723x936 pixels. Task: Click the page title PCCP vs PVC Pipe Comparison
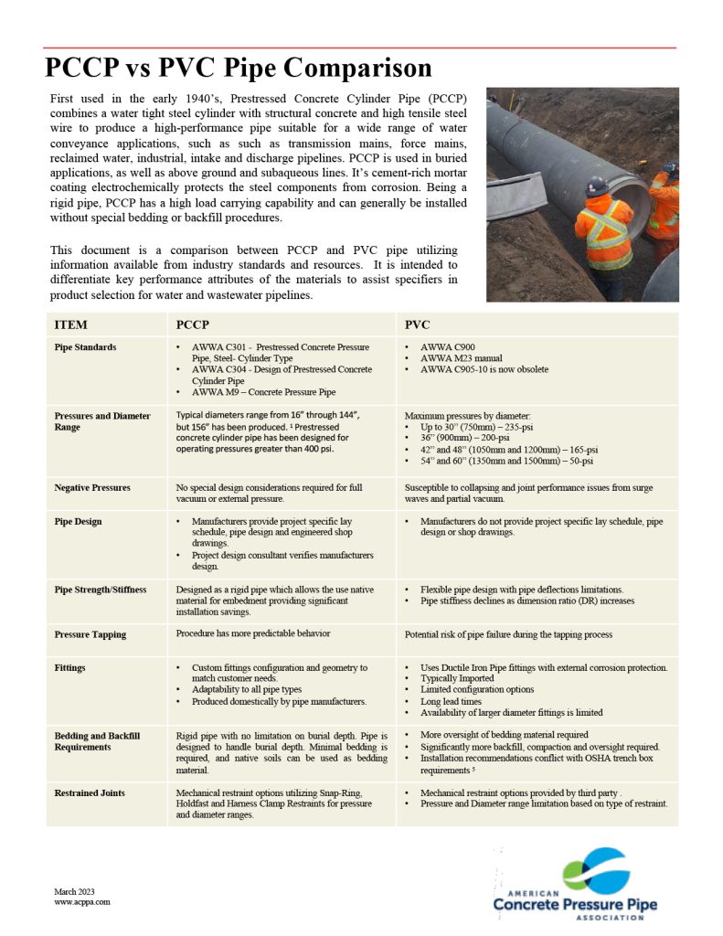(x=239, y=69)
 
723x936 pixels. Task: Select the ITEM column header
(x=71, y=324)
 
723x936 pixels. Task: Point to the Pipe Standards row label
(x=85, y=347)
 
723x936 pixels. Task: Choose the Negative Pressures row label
(x=91, y=488)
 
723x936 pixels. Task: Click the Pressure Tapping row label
(x=90, y=634)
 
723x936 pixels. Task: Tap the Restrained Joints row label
(x=90, y=792)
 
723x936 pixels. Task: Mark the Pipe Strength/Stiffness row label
(x=100, y=590)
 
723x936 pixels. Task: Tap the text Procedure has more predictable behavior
(x=251, y=633)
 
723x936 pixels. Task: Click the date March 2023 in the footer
(x=74, y=891)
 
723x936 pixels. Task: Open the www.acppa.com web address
(x=82, y=901)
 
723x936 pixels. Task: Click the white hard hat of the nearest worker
(x=598, y=186)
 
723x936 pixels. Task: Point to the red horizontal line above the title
(x=361, y=47)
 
